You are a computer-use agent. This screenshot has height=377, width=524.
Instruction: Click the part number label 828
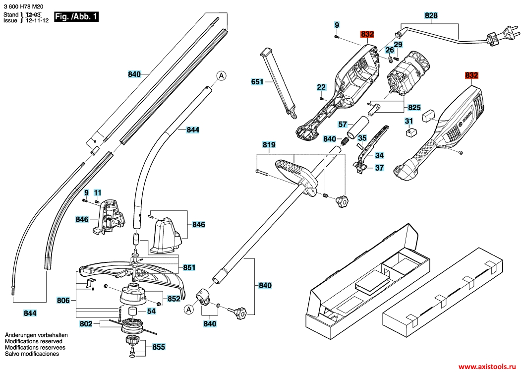[431, 16]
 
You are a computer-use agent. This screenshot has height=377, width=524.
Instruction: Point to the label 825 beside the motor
[414, 107]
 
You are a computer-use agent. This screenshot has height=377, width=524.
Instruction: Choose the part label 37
[379, 168]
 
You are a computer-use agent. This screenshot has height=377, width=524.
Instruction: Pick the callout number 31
[408, 121]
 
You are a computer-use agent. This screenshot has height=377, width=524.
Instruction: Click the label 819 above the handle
[269, 145]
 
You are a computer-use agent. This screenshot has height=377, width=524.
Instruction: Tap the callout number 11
[97, 192]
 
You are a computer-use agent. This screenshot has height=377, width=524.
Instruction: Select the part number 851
[189, 267]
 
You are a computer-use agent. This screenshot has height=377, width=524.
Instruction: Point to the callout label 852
[174, 299]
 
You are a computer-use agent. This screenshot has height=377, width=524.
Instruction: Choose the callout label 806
[63, 300]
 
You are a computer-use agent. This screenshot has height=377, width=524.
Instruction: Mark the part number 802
[86, 323]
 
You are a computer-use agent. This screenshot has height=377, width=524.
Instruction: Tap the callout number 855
[159, 347]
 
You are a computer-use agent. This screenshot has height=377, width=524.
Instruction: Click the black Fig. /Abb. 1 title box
[76, 17]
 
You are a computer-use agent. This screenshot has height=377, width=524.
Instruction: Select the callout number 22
[321, 87]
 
